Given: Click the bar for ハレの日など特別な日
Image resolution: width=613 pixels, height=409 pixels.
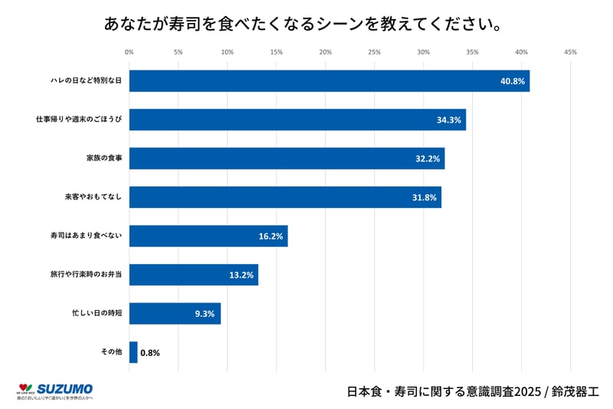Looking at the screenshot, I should pyautogui.click(x=329, y=81).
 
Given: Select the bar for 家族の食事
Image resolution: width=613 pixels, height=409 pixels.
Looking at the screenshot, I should pyautogui.click(x=287, y=158).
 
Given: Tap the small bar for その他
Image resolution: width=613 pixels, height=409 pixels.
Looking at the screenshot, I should pyautogui.click(x=133, y=352).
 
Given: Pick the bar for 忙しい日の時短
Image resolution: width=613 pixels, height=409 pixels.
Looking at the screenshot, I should pyautogui.click(x=175, y=313).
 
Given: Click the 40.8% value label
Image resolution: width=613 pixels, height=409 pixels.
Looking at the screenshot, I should pyautogui.click(x=512, y=81).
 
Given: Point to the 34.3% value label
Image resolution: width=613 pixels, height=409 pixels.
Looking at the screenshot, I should pyautogui.click(x=448, y=120).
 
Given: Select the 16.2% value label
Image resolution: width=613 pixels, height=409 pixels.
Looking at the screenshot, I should pyautogui.click(x=270, y=236).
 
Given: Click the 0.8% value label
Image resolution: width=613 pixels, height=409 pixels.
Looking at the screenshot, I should pyautogui.click(x=150, y=353).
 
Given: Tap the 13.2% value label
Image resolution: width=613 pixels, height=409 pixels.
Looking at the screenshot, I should pyautogui.click(x=241, y=275).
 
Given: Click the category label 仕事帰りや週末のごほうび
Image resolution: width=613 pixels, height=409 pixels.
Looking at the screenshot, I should pyautogui.click(x=79, y=120).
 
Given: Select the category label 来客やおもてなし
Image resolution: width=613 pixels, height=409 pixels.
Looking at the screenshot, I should pyautogui.click(x=93, y=197).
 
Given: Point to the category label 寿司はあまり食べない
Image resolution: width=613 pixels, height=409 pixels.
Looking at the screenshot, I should pyautogui.click(x=87, y=236).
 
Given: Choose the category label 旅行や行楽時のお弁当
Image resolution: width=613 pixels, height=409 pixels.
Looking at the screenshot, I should pyautogui.click(x=87, y=275).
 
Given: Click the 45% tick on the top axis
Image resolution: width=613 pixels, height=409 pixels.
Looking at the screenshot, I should pyautogui.click(x=570, y=52).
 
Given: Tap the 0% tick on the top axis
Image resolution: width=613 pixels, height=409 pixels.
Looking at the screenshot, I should pyautogui.click(x=129, y=52).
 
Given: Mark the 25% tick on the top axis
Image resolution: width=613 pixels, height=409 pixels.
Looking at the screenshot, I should pyautogui.click(x=374, y=52).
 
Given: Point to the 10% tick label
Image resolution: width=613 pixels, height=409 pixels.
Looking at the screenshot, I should pyautogui.click(x=227, y=52).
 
